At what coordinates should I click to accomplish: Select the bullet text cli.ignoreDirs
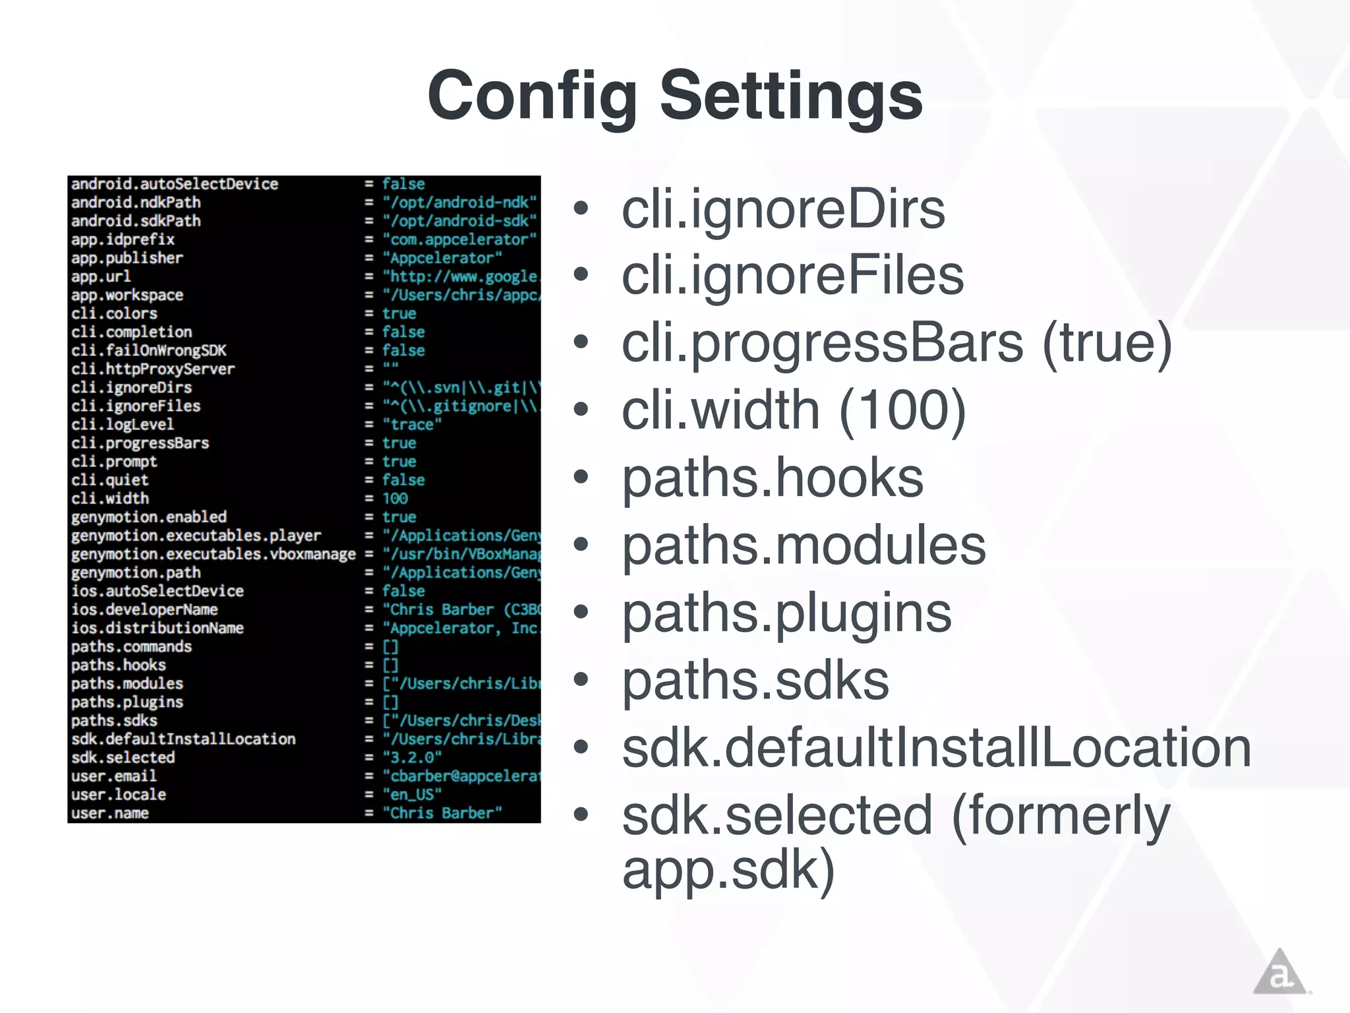point(783,210)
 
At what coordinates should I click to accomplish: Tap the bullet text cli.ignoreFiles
point(792,276)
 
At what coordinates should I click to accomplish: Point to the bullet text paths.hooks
point(773,477)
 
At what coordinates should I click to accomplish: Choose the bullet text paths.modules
point(804,545)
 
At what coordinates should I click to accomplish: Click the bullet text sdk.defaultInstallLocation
point(936,748)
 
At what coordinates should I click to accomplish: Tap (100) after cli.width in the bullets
point(902,410)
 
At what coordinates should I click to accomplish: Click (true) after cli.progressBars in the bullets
point(1107,343)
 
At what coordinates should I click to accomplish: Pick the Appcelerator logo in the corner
point(1279,972)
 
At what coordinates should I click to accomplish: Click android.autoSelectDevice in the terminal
point(175,184)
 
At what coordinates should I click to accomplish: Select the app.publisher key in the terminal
point(127,258)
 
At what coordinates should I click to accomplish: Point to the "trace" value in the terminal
point(412,425)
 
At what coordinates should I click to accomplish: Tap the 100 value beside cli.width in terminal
point(395,499)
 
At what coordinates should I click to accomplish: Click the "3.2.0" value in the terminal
point(412,757)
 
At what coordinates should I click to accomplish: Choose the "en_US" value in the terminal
point(412,795)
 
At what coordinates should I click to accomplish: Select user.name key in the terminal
point(110,813)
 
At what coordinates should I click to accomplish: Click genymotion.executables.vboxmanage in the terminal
point(214,554)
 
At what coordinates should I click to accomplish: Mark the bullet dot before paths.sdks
point(581,680)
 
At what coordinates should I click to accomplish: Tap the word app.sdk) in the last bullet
point(728,869)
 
